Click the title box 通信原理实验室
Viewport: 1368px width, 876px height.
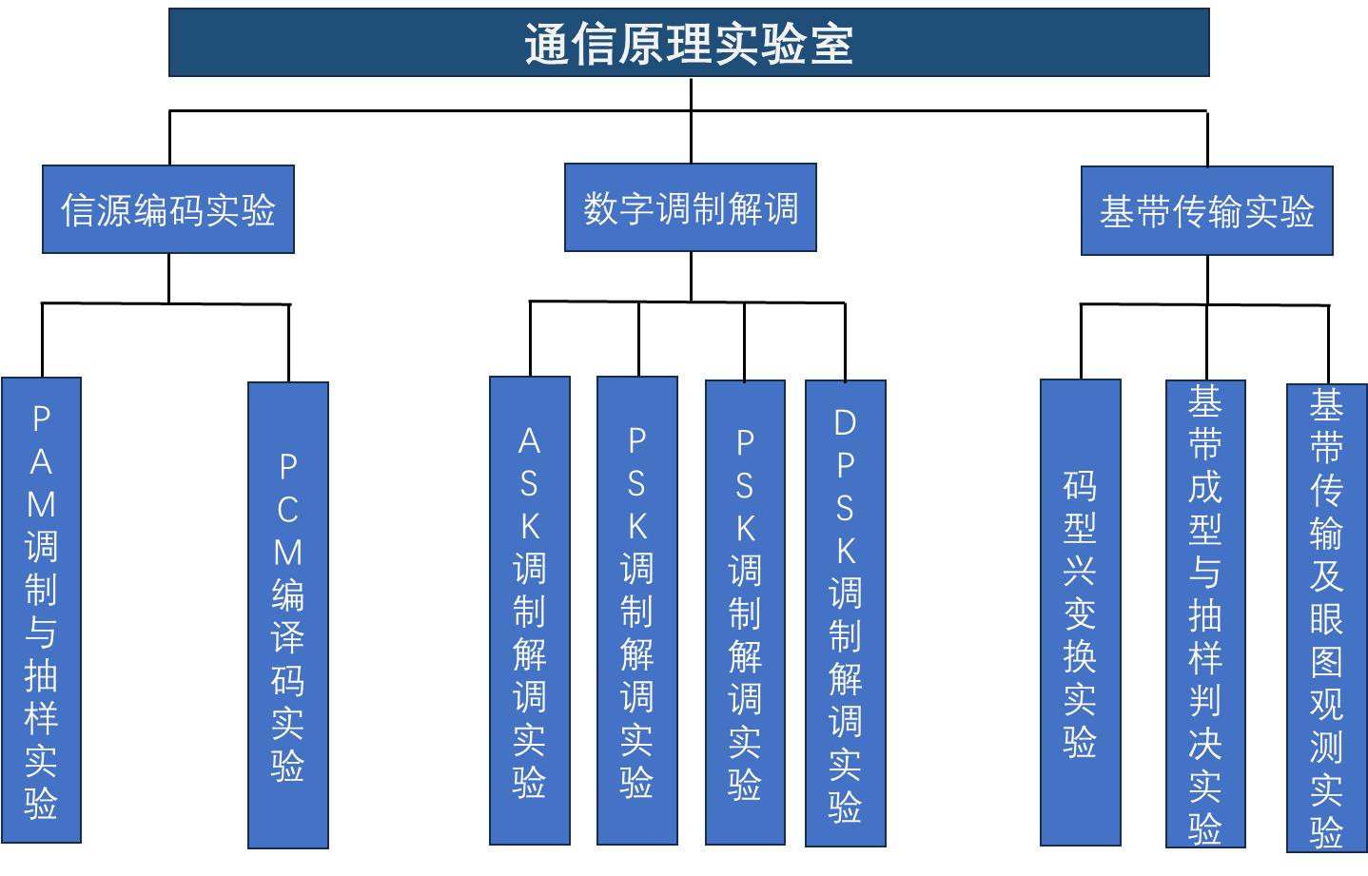688,43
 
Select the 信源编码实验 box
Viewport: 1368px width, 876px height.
167,209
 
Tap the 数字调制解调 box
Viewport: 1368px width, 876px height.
690,207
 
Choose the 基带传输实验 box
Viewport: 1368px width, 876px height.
1206,211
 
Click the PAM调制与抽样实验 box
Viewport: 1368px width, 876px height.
41,609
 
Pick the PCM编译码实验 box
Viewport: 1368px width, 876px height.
287,614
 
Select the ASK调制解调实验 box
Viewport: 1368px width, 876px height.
529,610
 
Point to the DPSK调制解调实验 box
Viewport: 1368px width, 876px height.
845,613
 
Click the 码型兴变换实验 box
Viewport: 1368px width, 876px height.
1080,612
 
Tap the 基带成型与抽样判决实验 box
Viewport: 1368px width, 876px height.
1204,613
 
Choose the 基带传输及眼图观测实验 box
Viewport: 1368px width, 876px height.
1326,617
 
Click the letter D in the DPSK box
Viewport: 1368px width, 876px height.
845,422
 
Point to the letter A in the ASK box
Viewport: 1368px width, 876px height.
529,441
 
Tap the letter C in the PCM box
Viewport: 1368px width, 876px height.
287,510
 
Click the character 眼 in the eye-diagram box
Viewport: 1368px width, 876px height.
1326,619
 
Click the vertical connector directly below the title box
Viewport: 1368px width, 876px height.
690,93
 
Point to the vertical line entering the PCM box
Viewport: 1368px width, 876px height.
288,343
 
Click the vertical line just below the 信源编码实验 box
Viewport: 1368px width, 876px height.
168,278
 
